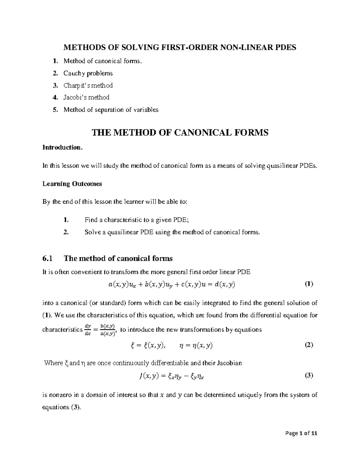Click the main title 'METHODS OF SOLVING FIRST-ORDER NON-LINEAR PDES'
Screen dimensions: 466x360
click(179, 47)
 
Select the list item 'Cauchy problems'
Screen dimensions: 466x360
click(88, 73)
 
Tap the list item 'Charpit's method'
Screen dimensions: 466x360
click(88, 86)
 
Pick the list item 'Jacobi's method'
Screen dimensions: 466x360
click(86, 97)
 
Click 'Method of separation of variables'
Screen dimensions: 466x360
click(111, 110)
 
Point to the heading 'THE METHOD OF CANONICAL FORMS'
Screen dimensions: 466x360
click(180, 132)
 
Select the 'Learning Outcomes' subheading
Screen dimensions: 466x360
click(72, 184)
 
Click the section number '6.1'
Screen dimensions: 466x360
click(47, 258)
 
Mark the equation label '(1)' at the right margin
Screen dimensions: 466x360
click(309, 284)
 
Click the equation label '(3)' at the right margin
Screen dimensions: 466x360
click(309, 375)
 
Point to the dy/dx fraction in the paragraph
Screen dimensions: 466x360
click(88, 330)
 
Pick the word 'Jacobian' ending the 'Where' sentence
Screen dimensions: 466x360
click(229, 363)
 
